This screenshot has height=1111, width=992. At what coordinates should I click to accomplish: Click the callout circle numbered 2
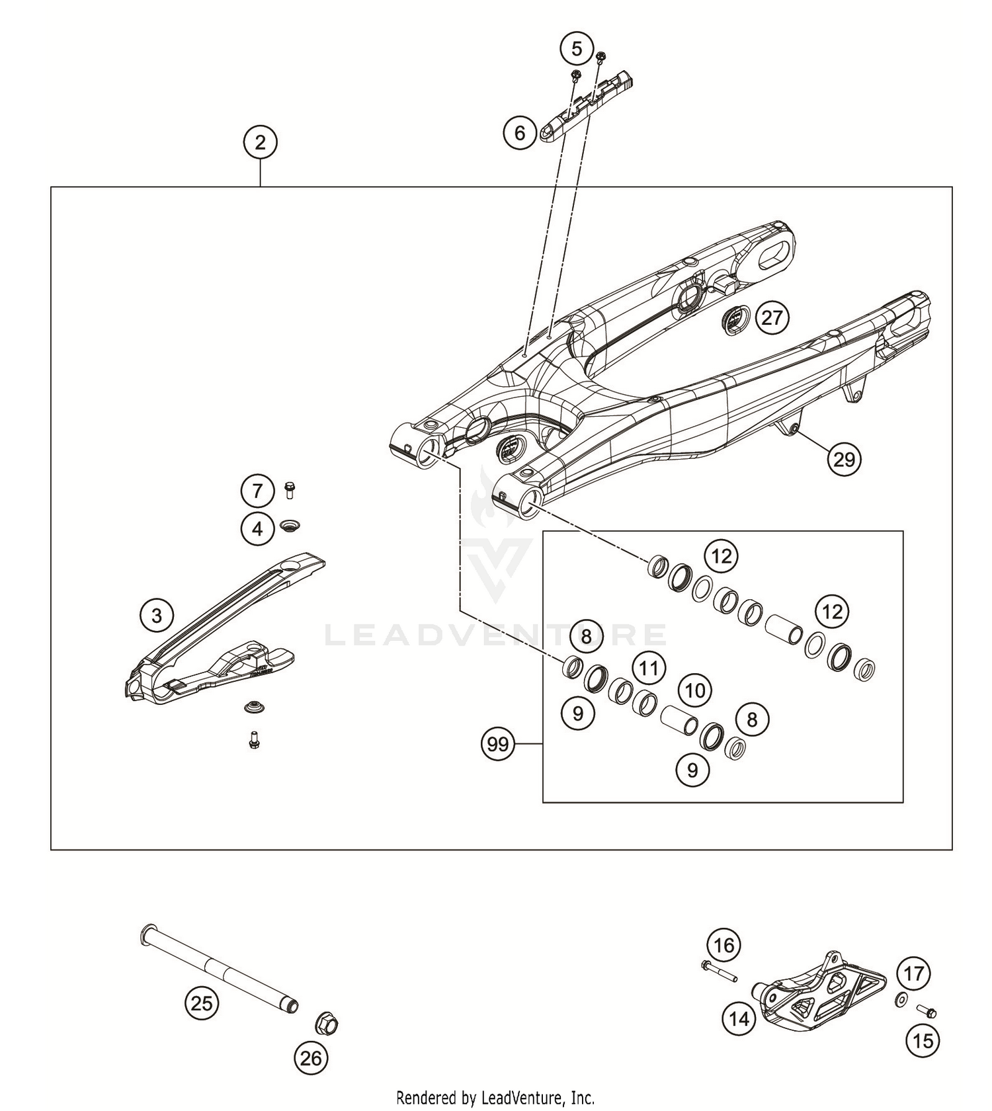click(x=260, y=142)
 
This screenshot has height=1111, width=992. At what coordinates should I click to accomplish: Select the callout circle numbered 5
click(x=577, y=48)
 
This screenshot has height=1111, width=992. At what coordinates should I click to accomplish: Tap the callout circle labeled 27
click(x=772, y=318)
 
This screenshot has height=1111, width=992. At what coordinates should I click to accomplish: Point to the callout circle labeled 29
click(x=845, y=459)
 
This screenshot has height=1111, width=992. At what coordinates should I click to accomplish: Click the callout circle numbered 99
click(x=498, y=745)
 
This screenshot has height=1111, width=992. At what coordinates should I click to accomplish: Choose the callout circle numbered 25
click(x=202, y=1004)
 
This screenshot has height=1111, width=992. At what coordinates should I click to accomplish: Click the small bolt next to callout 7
click(x=289, y=490)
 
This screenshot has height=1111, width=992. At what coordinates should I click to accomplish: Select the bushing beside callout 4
click(x=290, y=526)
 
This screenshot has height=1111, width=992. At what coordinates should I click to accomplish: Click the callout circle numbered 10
click(x=694, y=691)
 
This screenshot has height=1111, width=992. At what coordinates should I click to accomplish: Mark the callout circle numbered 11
click(x=649, y=668)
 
